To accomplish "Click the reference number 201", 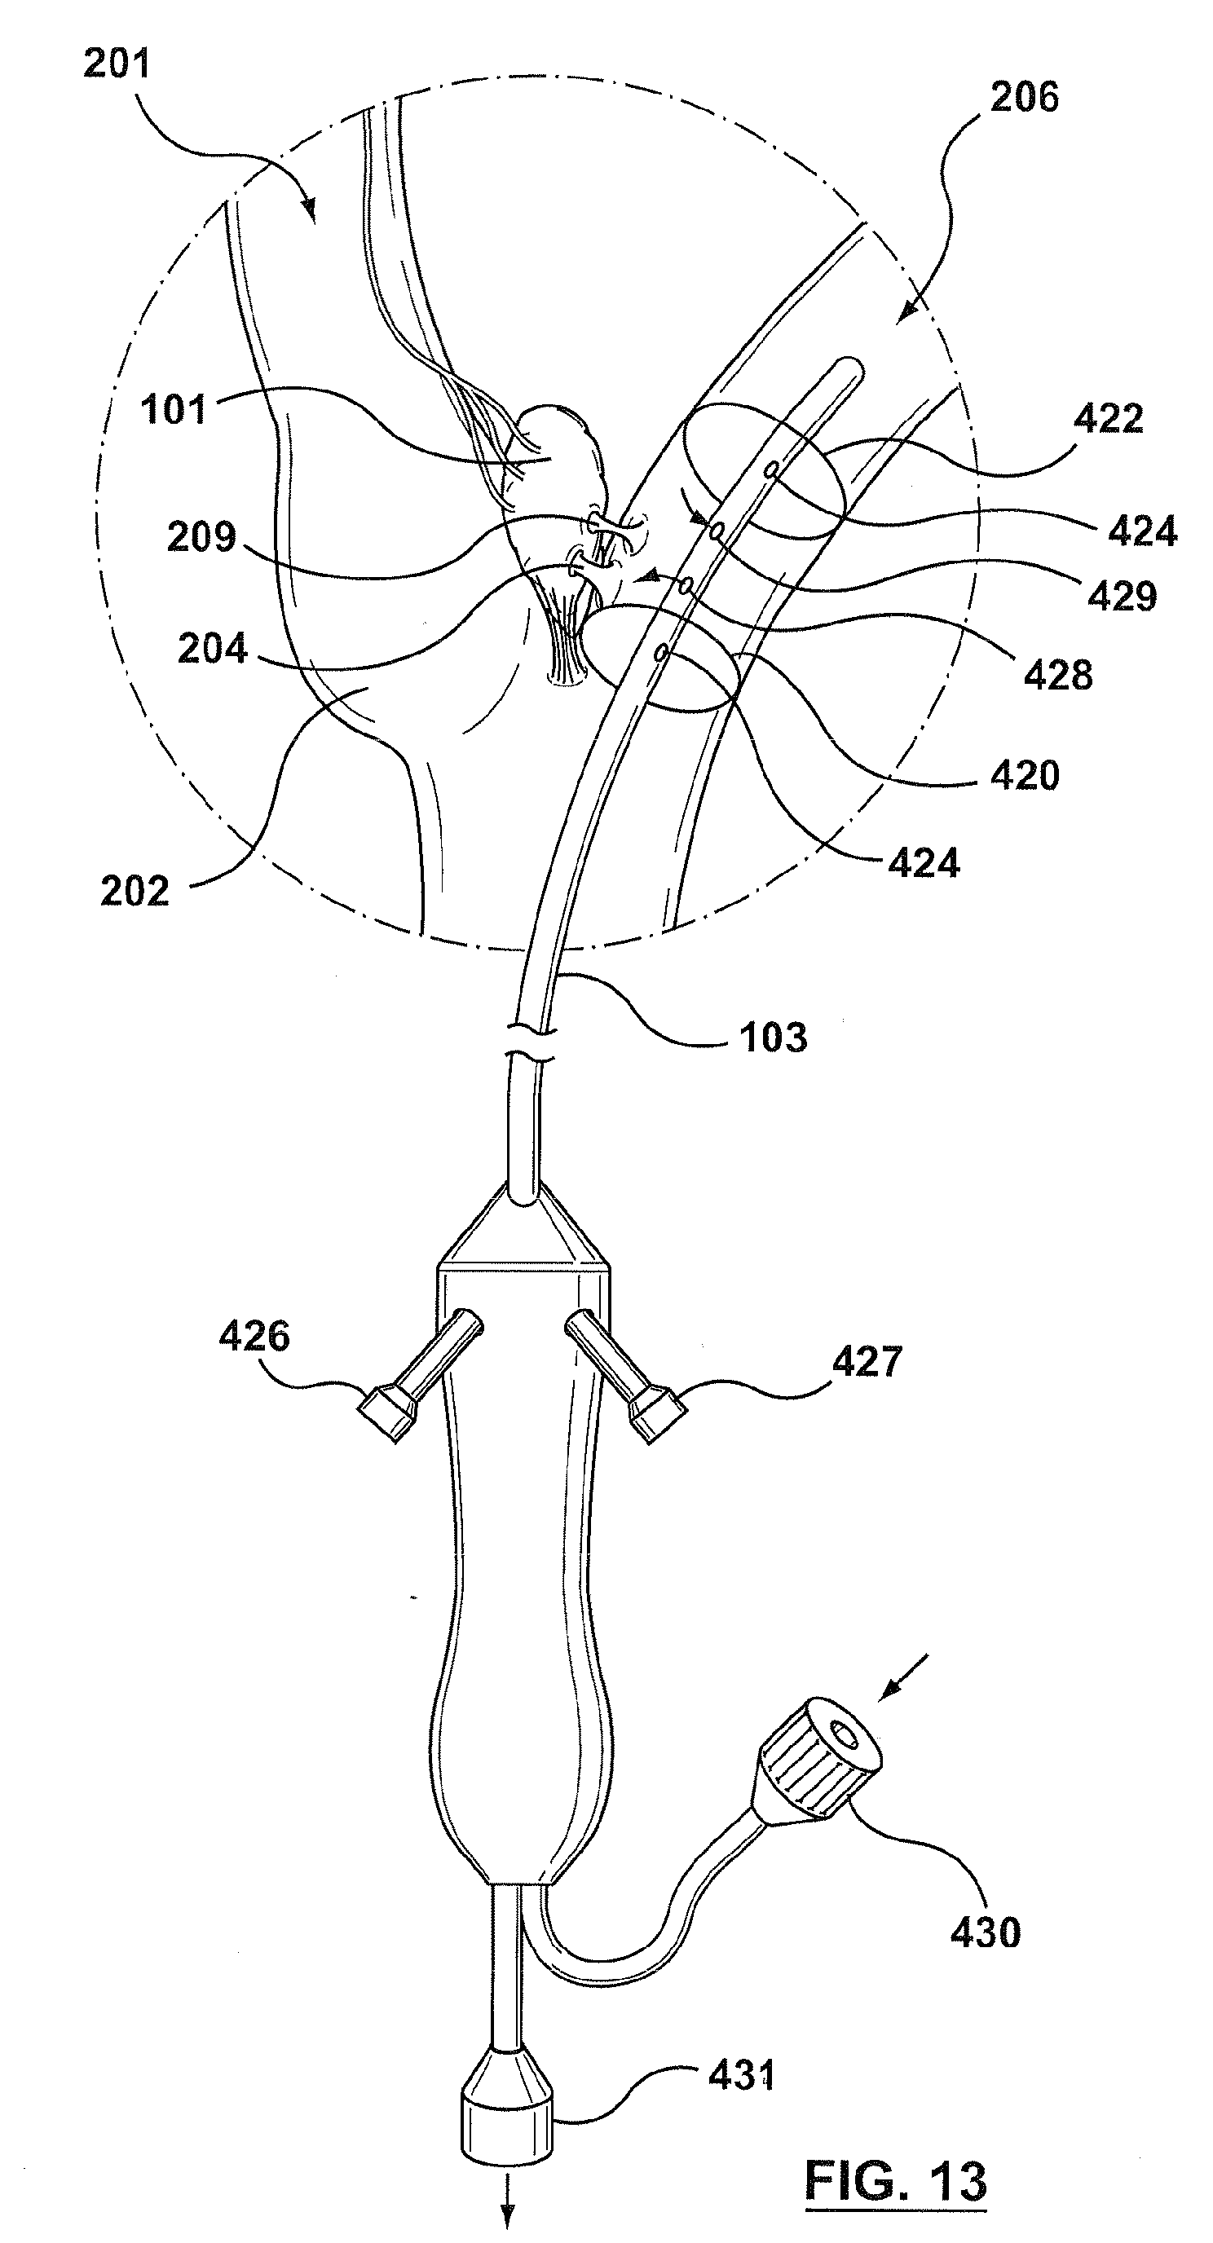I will click(117, 64).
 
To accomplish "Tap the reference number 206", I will click(1024, 98).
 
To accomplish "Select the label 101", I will click(174, 409).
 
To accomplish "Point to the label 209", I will click(201, 536).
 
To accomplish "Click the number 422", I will click(1108, 419).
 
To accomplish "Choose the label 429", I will click(1123, 597).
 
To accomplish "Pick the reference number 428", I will click(1057, 675).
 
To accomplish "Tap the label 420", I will click(1024, 775).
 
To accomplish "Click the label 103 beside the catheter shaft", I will click(774, 1038).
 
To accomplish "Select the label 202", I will click(135, 892).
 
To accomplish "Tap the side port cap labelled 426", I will click(386, 1417).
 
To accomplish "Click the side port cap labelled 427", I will click(656, 1417).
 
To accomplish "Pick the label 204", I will click(213, 650).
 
